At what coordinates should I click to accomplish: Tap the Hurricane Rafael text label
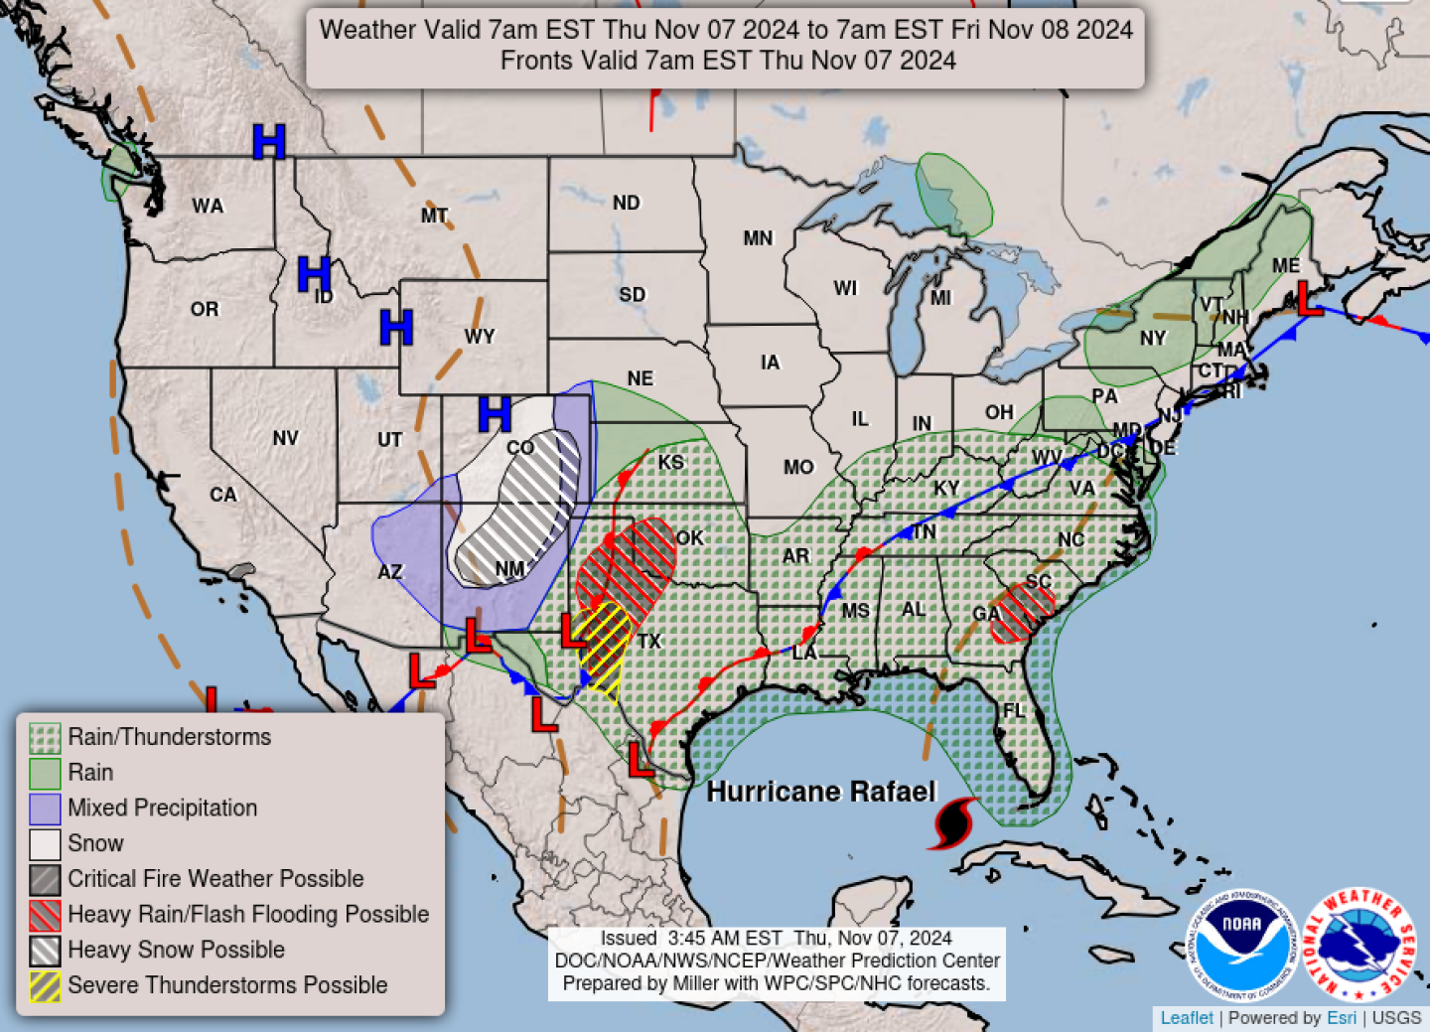[821, 792]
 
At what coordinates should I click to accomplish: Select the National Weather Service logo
[1358, 945]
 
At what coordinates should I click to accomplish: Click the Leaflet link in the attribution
[1187, 1018]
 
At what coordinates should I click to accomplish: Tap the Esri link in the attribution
[1341, 1018]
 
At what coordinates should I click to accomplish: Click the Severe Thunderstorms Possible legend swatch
[45, 985]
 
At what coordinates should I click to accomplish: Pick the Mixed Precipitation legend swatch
[45, 809]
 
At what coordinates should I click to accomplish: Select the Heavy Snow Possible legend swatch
[45, 951]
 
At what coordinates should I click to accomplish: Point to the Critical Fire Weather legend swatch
[45, 879]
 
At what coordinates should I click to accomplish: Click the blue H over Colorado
[495, 413]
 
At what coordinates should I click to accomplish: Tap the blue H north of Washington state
[269, 142]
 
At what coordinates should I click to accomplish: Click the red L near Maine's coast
[1310, 298]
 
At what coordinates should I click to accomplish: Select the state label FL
[1014, 710]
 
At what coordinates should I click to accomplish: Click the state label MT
[434, 216]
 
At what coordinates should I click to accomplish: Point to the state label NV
[285, 438]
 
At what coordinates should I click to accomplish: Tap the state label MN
[758, 238]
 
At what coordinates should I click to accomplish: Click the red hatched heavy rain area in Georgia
[1023, 610]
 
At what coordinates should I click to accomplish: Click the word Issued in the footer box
[628, 939]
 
